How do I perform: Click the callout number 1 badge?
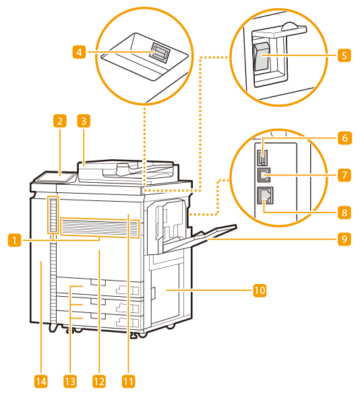(15, 239)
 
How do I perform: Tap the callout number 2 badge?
(60, 121)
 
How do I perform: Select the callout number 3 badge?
(84, 121)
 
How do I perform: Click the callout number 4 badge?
(80, 52)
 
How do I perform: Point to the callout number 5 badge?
(344, 55)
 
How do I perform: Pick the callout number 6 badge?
(345, 138)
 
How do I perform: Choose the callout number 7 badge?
(344, 175)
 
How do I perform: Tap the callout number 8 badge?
(344, 213)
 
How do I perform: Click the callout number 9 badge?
(344, 239)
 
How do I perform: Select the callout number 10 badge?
(260, 291)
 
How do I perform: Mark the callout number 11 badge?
(129, 381)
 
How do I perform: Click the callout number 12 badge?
(99, 381)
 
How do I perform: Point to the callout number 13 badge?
(70, 381)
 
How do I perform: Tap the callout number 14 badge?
(41, 381)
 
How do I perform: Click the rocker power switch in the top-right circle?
(262, 56)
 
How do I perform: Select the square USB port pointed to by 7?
(264, 175)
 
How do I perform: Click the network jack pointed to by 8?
(265, 195)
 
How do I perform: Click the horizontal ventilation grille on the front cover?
(100, 228)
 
